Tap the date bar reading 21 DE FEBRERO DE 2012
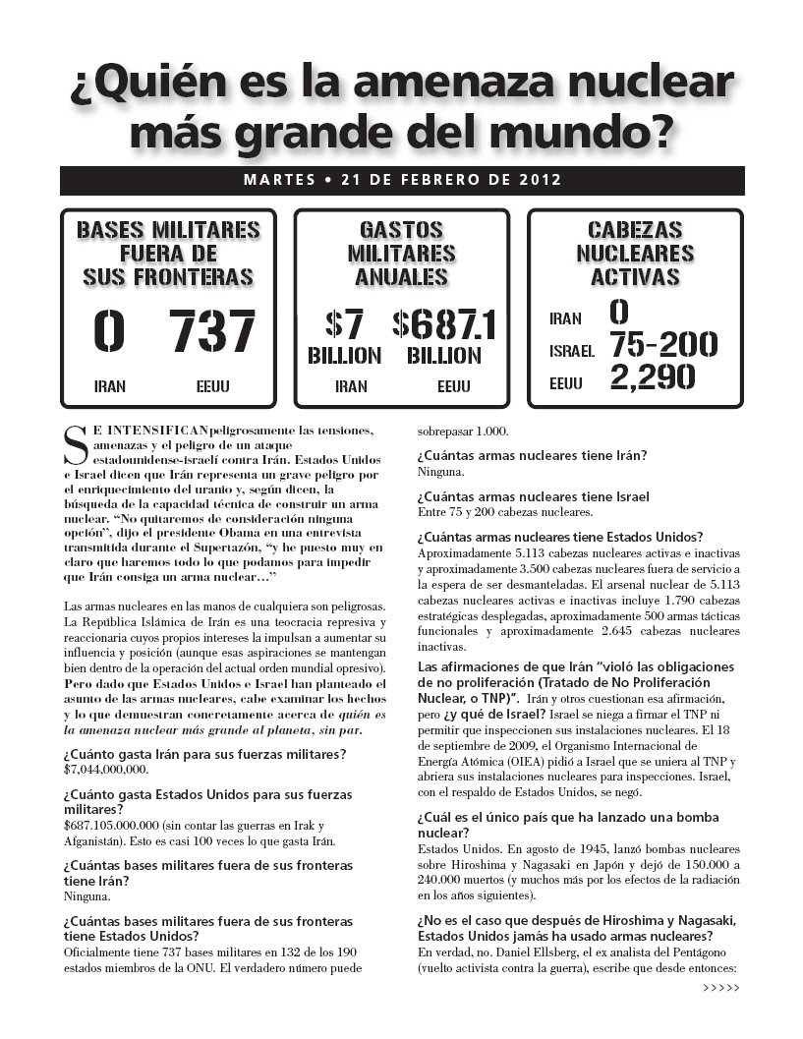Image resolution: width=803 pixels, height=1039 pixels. [x=401, y=180]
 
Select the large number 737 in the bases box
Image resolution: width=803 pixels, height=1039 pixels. [x=212, y=332]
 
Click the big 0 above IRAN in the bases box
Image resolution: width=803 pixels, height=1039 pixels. [x=109, y=332]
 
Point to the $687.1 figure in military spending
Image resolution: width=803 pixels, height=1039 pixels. [x=443, y=324]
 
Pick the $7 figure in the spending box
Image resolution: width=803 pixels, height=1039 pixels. [x=345, y=324]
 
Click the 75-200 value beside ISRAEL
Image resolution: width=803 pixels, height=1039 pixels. [x=663, y=345]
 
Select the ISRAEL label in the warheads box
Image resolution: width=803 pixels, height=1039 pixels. [x=571, y=350]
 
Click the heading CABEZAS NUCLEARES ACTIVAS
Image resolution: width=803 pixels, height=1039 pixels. [x=634, y=254]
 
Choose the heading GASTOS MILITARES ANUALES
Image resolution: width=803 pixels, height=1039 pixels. [x=401, y=254]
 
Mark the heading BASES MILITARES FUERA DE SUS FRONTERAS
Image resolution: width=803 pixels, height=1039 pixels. [x=168, y=254]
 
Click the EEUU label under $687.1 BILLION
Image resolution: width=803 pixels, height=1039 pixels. [x=453, y=386]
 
